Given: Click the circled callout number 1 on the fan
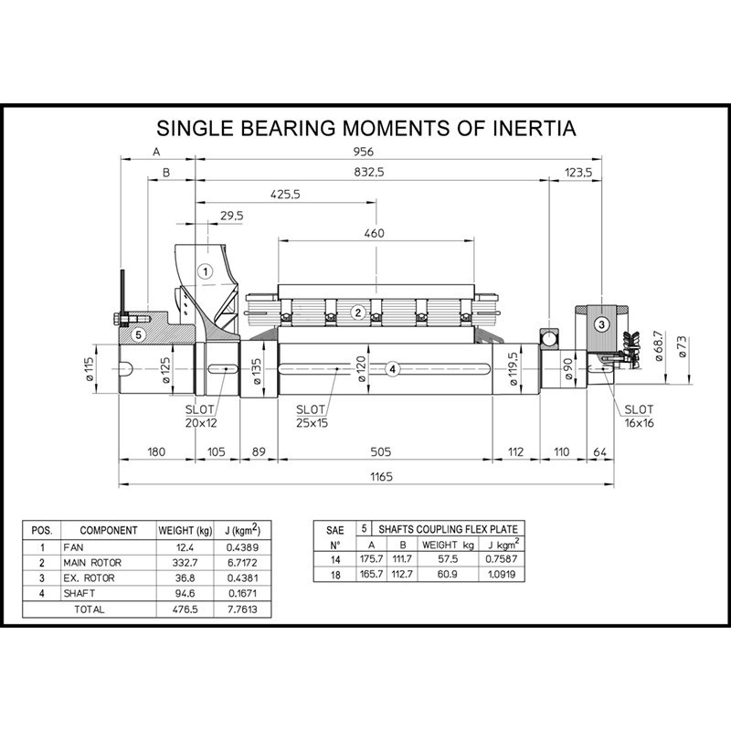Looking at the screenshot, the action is click(205, 271).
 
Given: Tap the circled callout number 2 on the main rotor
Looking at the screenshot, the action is click(358, 313).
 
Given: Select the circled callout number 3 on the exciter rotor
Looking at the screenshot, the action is click(601, 324).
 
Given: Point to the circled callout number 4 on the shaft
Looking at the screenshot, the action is click(393, 369).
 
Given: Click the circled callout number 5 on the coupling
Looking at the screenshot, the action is click(138, 334).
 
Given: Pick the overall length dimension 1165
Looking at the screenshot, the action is click(381, 476).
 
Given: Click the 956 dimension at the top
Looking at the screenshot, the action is click(363, 152).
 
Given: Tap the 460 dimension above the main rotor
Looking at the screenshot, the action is click(374, 233).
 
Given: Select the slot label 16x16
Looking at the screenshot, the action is click(639, 423).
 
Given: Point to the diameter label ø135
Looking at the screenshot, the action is click(257, 371).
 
